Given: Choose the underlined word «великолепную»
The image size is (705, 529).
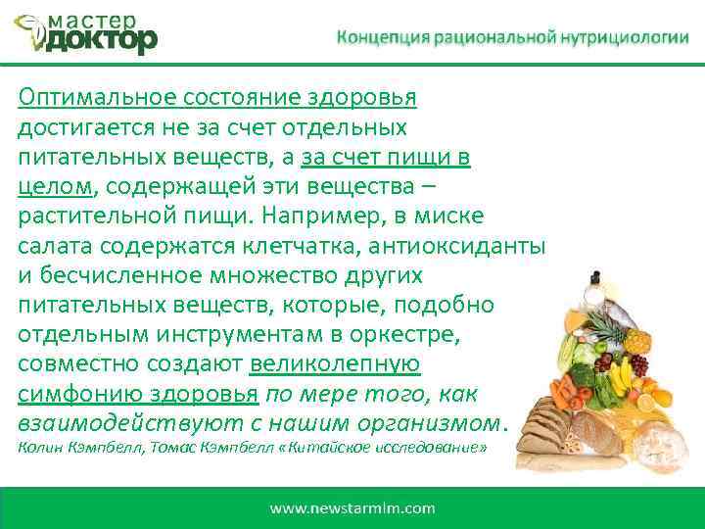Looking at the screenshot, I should pyautogui.click(x=335, y=363).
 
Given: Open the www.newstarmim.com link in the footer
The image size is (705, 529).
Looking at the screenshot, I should pyautogui.click(x=352, y=508).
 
